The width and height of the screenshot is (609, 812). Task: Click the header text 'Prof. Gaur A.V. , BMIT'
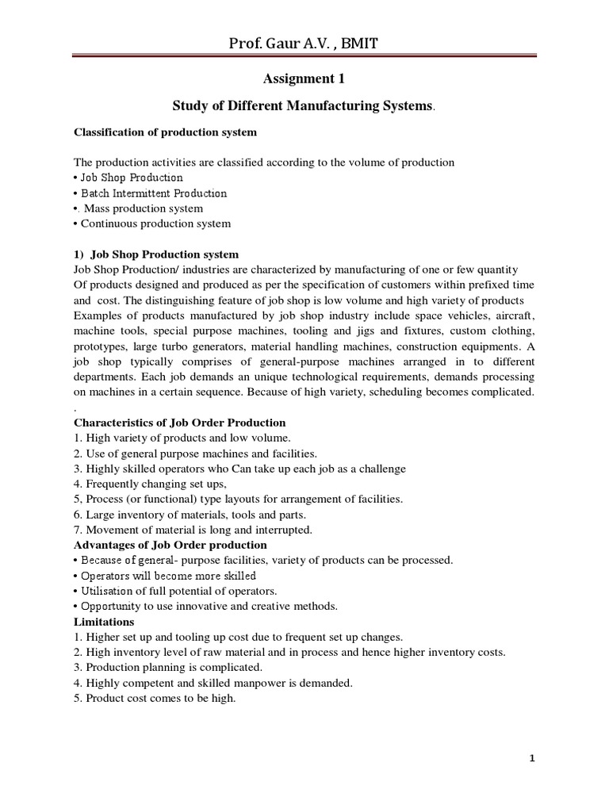click(304, 44)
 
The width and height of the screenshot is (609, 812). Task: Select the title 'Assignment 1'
click(304, 79)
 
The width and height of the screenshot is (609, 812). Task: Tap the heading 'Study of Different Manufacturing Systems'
click(304, 105)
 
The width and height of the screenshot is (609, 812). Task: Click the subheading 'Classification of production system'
click(165, 132)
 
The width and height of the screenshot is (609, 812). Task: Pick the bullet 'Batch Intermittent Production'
click(150, 193)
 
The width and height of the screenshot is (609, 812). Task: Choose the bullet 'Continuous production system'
click(152, 223)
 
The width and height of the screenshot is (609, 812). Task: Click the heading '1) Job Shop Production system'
click(156, 255)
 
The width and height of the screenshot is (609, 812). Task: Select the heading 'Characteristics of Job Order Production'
click(179, 423)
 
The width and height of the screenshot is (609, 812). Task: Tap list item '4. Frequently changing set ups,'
click(151, 484)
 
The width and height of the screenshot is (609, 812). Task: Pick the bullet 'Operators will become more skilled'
click(165, 575)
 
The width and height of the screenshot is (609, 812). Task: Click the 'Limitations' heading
click(104, 622)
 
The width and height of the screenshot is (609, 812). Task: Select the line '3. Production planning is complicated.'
click(167, 667)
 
